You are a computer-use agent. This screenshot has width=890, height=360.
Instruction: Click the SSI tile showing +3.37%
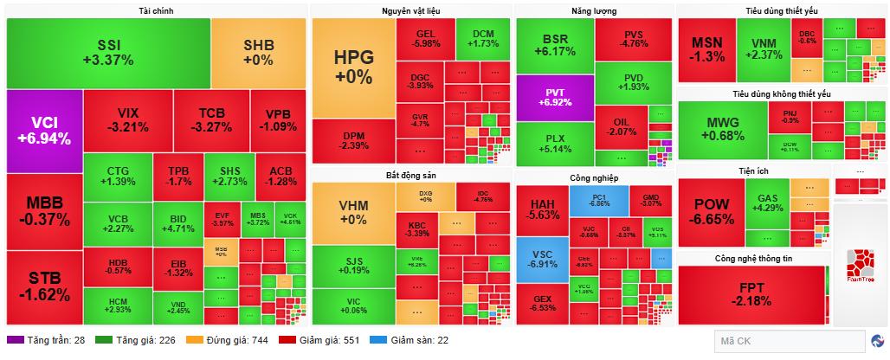point(109,53)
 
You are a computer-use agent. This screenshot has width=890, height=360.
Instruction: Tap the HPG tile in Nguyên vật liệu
point(352,67)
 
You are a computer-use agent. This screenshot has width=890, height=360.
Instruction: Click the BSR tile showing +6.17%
point(555,46)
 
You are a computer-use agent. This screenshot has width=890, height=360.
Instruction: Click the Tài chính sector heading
point(156,10)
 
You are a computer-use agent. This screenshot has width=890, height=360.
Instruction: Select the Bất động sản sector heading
point(410,176)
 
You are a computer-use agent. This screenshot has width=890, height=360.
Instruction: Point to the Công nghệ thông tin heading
point(753,259)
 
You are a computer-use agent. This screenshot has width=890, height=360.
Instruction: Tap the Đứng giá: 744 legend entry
point(226,341)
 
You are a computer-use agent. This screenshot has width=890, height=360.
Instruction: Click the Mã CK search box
point(788,341)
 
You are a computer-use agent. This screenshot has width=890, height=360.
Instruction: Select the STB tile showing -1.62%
point(44,286)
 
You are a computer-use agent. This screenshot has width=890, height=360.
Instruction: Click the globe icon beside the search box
point(879,341)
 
